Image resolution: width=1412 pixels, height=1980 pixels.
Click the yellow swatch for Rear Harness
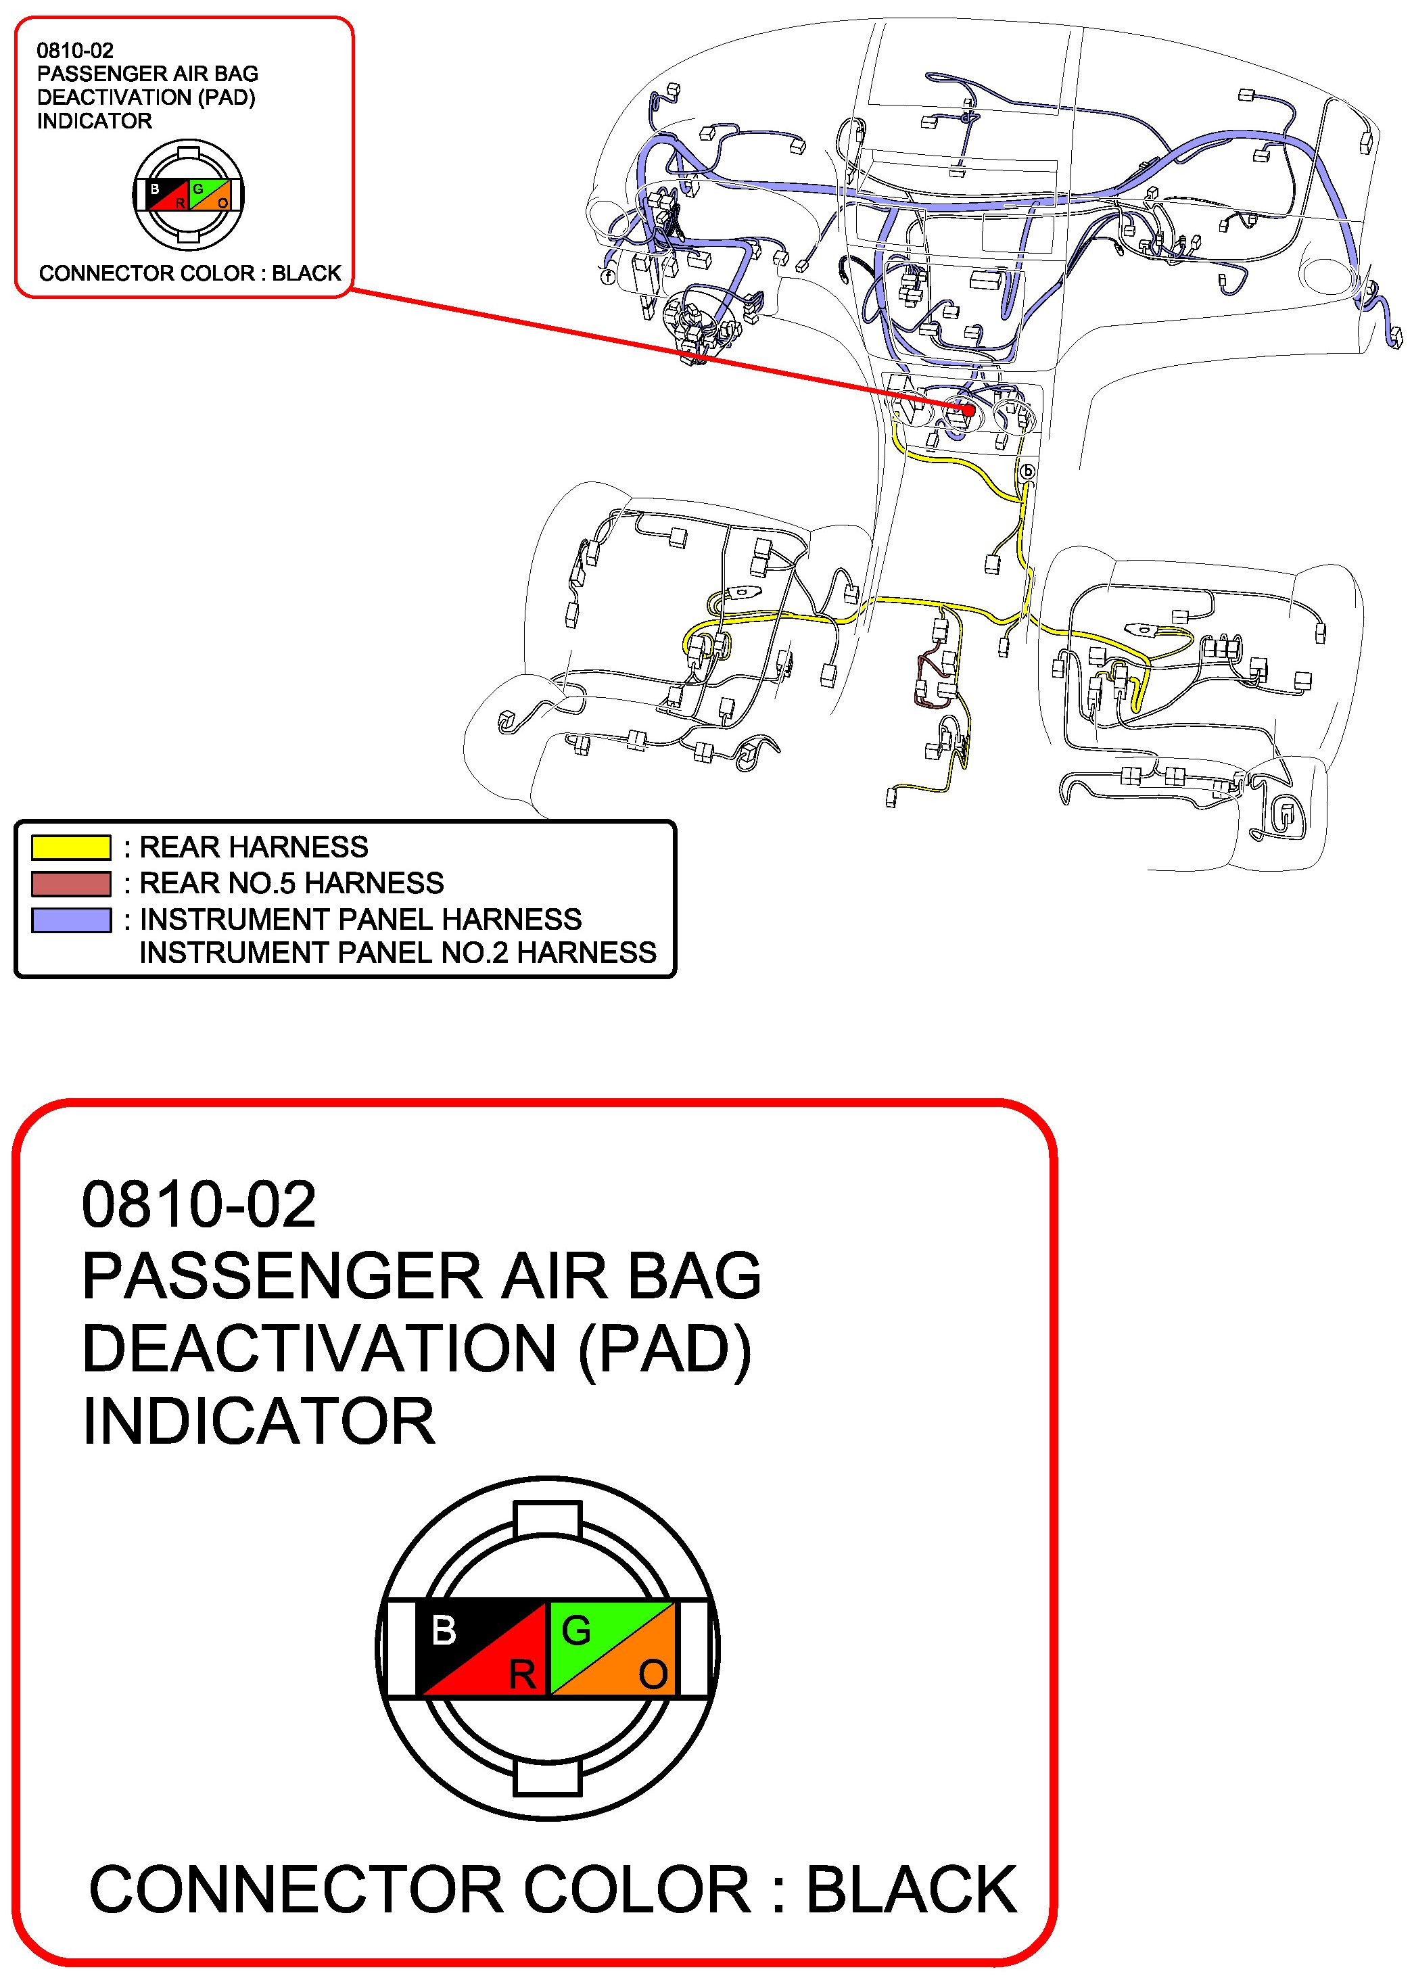tap(70, 847)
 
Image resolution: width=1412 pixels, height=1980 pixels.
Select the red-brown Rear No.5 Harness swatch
tap(70, 883)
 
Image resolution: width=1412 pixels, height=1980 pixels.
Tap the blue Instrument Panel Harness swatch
tap(70, 920)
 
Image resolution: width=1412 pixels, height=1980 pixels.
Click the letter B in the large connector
tap(444, 1630)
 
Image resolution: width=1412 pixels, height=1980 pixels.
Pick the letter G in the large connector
tap(576, 1630)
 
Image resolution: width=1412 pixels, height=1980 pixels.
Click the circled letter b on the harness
tap(1028, 472)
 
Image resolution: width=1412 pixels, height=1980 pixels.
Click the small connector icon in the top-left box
tap(188, 195)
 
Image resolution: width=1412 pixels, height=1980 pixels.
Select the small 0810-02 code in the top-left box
tap(75, 51)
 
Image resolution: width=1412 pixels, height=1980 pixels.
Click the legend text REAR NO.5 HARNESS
tap(291, 883)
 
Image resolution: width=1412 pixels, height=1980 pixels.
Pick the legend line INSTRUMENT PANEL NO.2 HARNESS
tap(398, 953)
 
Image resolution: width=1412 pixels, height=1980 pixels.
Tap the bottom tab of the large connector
tap(548, 1778)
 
